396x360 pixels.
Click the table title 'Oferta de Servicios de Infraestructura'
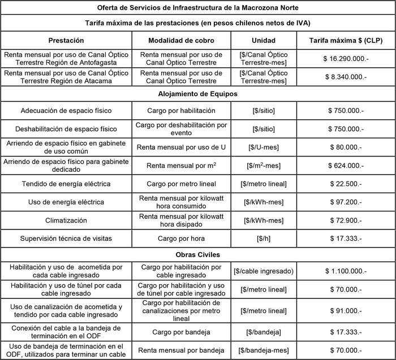coord(198,8)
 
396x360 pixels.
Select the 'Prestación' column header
coord(66,40)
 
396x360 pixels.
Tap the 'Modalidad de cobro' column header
coord(179,40)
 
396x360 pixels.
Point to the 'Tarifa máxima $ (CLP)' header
coord(345,40)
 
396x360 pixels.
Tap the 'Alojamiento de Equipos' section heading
coord(198,94)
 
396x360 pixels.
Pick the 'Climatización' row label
coord(66,220)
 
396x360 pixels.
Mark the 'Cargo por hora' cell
coord(179,238)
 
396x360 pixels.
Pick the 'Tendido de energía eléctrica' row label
coord(66,184)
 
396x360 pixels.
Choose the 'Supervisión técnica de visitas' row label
coord(66,238)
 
